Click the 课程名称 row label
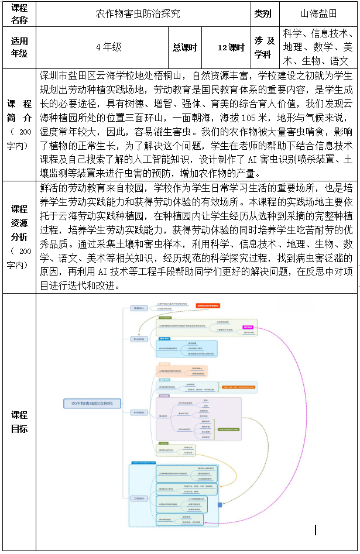(x=19, y=13)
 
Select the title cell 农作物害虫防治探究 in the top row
(x=138, y=13)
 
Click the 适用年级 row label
(x=19, y=47)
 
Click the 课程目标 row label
(x=19, y=422)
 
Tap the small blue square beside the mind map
(x=220, y=504)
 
